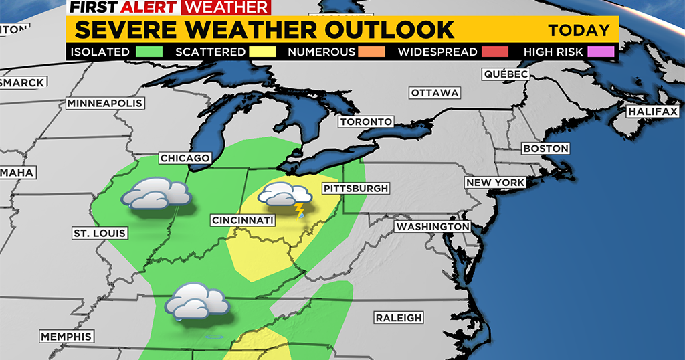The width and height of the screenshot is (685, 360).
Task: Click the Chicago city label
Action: (185, 159)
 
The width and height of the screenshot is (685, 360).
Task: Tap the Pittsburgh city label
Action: (355, 189)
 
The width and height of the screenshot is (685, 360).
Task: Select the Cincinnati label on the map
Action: (242, 220)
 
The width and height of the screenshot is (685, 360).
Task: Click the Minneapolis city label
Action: (105, 104)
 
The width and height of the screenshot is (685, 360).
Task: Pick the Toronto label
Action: (365, 122)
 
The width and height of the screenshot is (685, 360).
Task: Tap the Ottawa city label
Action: (435, 93)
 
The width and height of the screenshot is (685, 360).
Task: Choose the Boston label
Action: (546, 148)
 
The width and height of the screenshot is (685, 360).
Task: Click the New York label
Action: (496, 183)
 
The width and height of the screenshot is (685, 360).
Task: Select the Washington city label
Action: (433, 227)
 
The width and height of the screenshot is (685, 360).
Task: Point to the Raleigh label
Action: (398, 318)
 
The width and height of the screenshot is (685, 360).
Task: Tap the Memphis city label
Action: (66, 336)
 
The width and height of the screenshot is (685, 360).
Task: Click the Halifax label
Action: (652, 112)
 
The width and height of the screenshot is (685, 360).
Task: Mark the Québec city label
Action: (506, 74)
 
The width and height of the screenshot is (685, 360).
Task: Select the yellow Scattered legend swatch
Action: (261, 52)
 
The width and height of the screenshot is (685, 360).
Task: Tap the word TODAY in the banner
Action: (579, 30)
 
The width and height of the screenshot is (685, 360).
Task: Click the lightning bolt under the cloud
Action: (299, 211)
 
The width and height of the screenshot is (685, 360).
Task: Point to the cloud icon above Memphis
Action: (197, 301)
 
